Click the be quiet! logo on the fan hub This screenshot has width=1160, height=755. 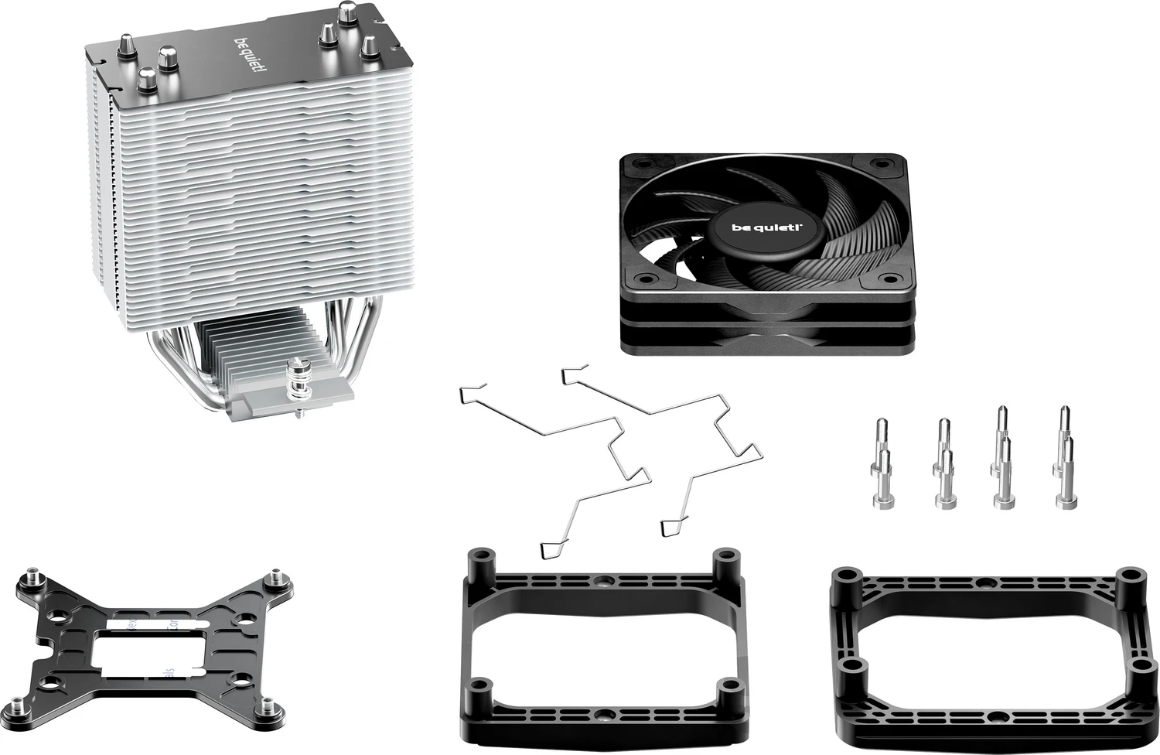[x=766, y=227]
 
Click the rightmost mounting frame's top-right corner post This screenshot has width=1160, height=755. [x=1131, y=579]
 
